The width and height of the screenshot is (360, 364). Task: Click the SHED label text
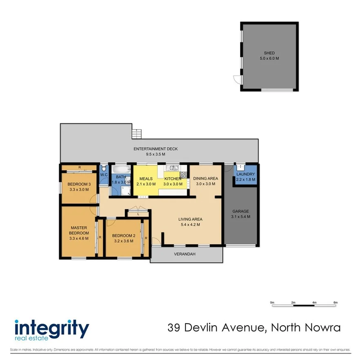(269, 53)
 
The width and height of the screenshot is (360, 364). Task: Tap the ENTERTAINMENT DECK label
(156, 149)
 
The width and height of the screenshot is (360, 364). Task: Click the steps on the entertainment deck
(137, 134)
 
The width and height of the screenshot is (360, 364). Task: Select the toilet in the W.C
(104, 168)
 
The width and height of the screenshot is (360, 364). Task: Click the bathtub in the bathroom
(121, 168)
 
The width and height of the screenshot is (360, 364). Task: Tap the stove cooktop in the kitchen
(183, 175)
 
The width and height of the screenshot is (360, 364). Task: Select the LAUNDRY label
(245, 174)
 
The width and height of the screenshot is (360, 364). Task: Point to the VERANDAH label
(185, 254)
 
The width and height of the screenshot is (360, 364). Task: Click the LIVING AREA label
(190, 219)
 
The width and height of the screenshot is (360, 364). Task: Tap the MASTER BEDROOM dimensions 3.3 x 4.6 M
(79, 238)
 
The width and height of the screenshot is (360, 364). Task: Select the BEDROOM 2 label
(123, 236)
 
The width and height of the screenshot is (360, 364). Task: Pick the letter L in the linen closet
(139, 214)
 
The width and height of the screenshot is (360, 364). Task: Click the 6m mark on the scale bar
(336, 302)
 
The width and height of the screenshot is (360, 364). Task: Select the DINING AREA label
(205, 179)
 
